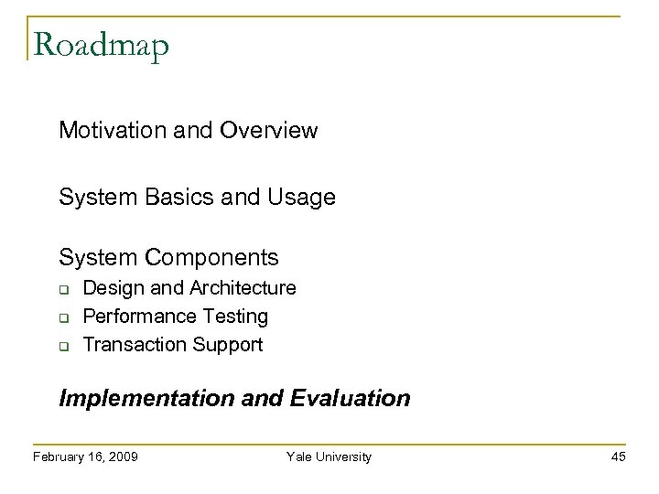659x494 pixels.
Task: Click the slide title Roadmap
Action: [x=100, y=46]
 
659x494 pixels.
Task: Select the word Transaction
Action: [x=133, y=345]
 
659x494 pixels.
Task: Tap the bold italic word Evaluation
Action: [x=352, y=400]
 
